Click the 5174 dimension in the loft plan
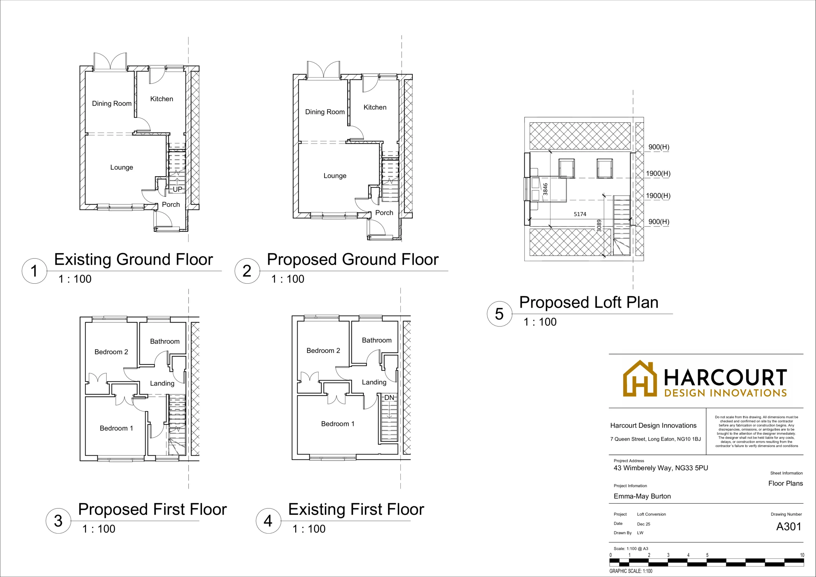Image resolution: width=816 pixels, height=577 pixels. (x=580, y=214)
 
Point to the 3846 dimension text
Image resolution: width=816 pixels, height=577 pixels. (x=545, y=189)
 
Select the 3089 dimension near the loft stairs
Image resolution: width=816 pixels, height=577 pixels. (x=599, y=226)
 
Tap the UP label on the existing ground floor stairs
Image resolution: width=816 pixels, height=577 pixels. (x=177, y=189)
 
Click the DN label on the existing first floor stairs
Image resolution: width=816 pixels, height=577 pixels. (x=389, y=398)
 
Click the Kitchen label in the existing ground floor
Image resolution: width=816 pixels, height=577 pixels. (x=162, y=99)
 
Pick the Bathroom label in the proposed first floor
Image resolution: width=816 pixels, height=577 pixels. (x=164, y=341)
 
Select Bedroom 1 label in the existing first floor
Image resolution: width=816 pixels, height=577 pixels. (x=338, y=424)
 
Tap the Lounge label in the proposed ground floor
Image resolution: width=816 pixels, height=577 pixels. (x=335, y=176)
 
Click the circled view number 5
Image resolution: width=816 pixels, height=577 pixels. (x=499, y=314)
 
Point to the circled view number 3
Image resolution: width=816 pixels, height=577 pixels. (x=58, y=521)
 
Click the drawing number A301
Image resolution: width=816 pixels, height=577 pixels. (x=789, y=527)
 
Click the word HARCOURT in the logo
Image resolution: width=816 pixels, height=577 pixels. (x=725, y=377)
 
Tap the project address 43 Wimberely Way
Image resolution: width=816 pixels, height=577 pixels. (x=661, y=468)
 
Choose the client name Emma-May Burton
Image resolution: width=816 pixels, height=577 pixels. (x=642, y=496)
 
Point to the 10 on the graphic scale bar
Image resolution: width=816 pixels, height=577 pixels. (x=802, y=555)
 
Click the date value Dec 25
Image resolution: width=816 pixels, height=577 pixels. (x=644, y=524)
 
